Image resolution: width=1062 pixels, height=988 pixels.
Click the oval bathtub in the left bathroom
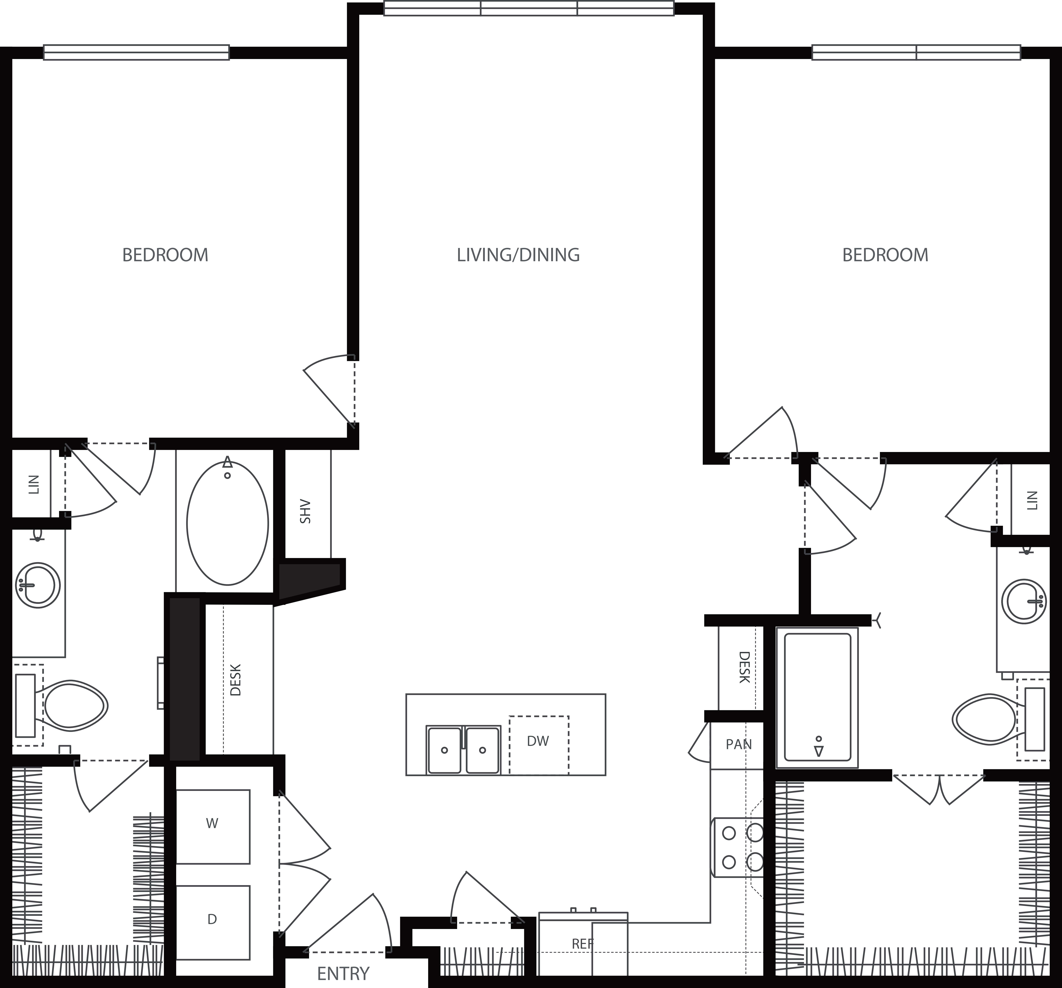click(x=228, y=523)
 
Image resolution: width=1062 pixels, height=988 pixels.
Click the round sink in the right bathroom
click(x=1023, y=601)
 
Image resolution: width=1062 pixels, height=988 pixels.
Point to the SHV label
click(x=305, y=511)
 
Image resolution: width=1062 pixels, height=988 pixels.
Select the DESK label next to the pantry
click(x=744, y=667)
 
